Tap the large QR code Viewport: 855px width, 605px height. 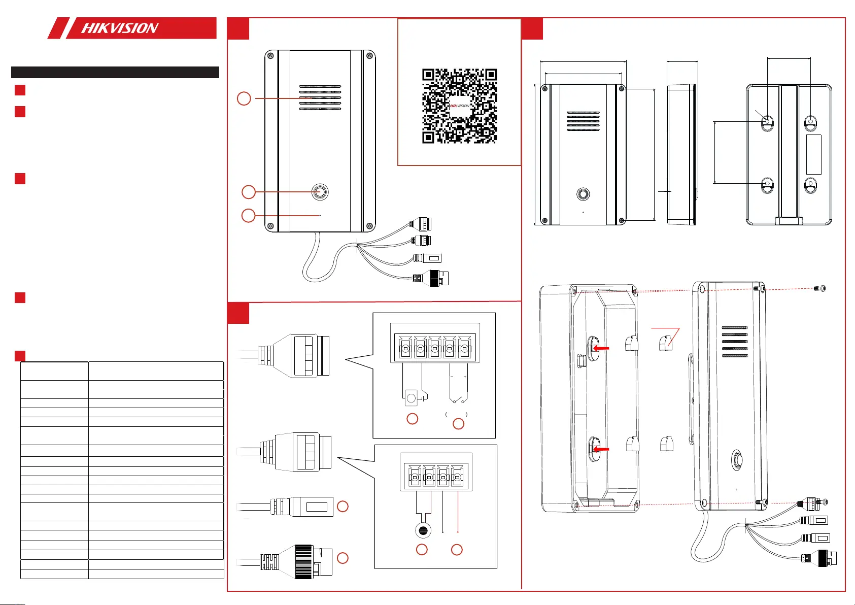pos(459,106)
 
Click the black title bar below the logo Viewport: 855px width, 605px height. pos(115,72)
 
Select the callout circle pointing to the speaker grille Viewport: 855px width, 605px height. pos(244,98)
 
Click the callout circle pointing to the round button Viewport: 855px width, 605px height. pos(248,192)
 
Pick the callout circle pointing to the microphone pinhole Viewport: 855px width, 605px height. pos(248,215)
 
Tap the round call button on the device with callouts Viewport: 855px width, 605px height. pos(320,192)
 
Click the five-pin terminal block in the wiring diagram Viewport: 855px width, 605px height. pos(434,348)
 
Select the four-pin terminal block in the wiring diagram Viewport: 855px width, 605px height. pos(436,477)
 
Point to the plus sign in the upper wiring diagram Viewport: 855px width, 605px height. pos(465,377)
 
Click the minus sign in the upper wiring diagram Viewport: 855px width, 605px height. pos(452,377)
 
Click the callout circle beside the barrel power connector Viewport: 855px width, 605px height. pos(343,506)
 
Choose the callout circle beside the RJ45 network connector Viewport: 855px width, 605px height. pos(343,558)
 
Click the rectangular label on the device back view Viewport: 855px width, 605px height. pos(814,154)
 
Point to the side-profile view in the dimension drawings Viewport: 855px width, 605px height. pos(681,154)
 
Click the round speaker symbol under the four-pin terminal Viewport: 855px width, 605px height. pos(423,531)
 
